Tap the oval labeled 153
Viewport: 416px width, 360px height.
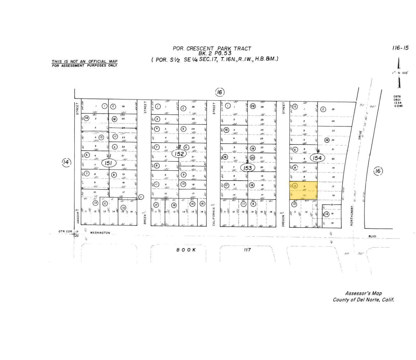click(x=248, y=168)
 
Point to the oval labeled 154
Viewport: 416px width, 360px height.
click(x=317, y=158)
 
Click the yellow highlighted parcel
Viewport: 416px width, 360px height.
click(x=303, y=191)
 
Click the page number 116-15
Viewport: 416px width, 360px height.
click(x=400, y=48)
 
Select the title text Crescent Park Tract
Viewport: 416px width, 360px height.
click(x=212, y=49)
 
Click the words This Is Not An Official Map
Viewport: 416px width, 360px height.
click(x=85, y=61)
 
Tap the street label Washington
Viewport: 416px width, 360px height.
click(x=100, y=233)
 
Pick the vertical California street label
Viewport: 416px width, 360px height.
click(x=214, y=216)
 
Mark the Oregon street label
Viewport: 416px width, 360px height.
click(x=283, y=221)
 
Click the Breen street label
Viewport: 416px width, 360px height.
click(x=145, y=218)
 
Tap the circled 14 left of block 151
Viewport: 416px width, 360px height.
click(x=66, y=162)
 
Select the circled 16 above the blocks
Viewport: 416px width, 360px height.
click(x=219, y=93)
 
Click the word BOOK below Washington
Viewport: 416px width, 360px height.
click(x=186, y=250)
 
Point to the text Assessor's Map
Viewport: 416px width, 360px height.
click(x=363, y=293)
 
